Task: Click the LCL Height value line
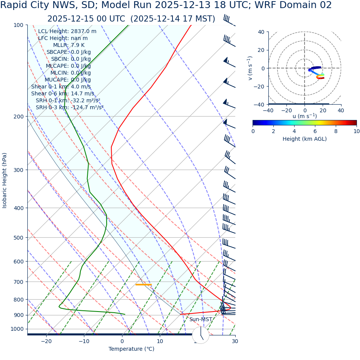coord(67,31)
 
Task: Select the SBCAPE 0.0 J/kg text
coord(69,52)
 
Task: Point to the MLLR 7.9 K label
coord(69,45)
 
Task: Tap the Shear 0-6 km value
coord(62,93)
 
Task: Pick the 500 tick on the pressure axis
coord(18,238)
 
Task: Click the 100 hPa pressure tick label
coord(18,25)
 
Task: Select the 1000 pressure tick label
coord(17,329)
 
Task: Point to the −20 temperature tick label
coord(46,342)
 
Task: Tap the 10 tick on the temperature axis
coord(159,342)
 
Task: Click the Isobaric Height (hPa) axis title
coord(5,180)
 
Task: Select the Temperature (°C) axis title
coord(131,349)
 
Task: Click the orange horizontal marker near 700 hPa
coord(143,285)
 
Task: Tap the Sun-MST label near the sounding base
coord(201,320)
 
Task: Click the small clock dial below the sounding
coord(201,335)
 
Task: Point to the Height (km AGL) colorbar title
coord(305,139)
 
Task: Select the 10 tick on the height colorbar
coord(357,131)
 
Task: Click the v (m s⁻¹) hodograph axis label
coord(250,68)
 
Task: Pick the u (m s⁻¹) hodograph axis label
coord(305,116)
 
